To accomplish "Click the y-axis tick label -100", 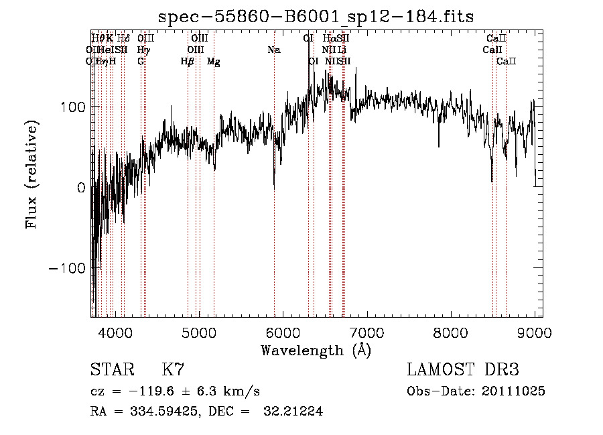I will tap(68, 268).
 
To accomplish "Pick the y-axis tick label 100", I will tap(73, 107).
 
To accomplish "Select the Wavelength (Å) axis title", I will tap(316, 350).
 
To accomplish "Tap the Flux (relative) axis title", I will tap(31, 174).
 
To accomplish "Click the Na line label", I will tap(273, 50).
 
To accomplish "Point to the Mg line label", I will tap(214, 62).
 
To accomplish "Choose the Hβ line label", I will tap(188, 62).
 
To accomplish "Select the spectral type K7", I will tap(173, 370).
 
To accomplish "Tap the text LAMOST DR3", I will tap(463, 370).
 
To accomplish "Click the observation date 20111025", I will tap(517, 391).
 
